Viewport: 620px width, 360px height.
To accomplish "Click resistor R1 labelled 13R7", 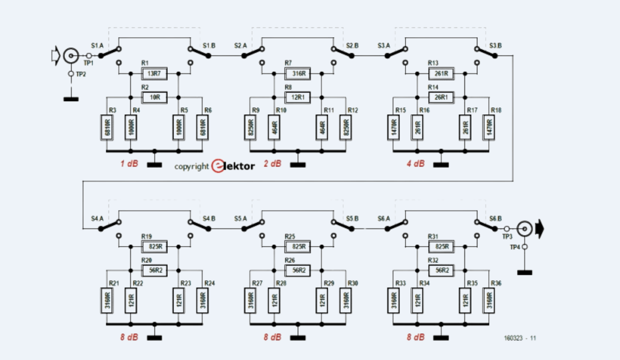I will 155,74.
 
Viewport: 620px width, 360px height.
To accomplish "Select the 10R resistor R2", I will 155,97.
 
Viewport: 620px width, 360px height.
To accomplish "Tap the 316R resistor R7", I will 298,74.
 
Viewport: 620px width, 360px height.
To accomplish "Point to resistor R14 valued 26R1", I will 441,97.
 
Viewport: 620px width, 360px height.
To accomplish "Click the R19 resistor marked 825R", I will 155,247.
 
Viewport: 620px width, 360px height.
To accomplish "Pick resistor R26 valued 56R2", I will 298,270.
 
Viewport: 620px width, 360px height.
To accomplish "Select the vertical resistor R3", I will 107,127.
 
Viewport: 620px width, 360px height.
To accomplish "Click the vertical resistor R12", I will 346,127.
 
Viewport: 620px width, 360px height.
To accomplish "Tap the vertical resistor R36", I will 489,300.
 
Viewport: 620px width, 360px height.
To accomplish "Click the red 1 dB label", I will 129,164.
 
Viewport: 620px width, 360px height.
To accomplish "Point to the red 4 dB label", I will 415,164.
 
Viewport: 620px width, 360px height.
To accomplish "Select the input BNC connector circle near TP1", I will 71,56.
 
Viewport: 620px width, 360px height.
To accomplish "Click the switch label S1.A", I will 97,46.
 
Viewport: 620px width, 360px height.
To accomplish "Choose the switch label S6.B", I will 496,219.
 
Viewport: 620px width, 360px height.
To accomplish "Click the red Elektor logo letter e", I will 218,166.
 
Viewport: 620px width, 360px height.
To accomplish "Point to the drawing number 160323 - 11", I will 520,338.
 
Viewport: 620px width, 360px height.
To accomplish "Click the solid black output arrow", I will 539,229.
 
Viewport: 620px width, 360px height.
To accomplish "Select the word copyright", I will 191,167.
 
